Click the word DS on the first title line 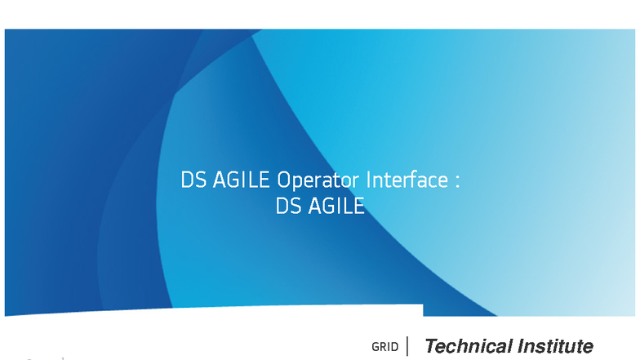point(193,180)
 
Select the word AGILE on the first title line point(242,180)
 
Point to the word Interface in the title point(407,180)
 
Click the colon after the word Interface point(457,181)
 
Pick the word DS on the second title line point(289,206)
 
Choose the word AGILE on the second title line point(336,206)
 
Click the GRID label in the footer point(385,347)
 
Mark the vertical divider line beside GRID point(407,346)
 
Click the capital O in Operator point(283,180)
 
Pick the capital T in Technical point(433,346)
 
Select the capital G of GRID point(376,347)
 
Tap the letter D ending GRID point(395,347)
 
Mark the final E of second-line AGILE point(359,206)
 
